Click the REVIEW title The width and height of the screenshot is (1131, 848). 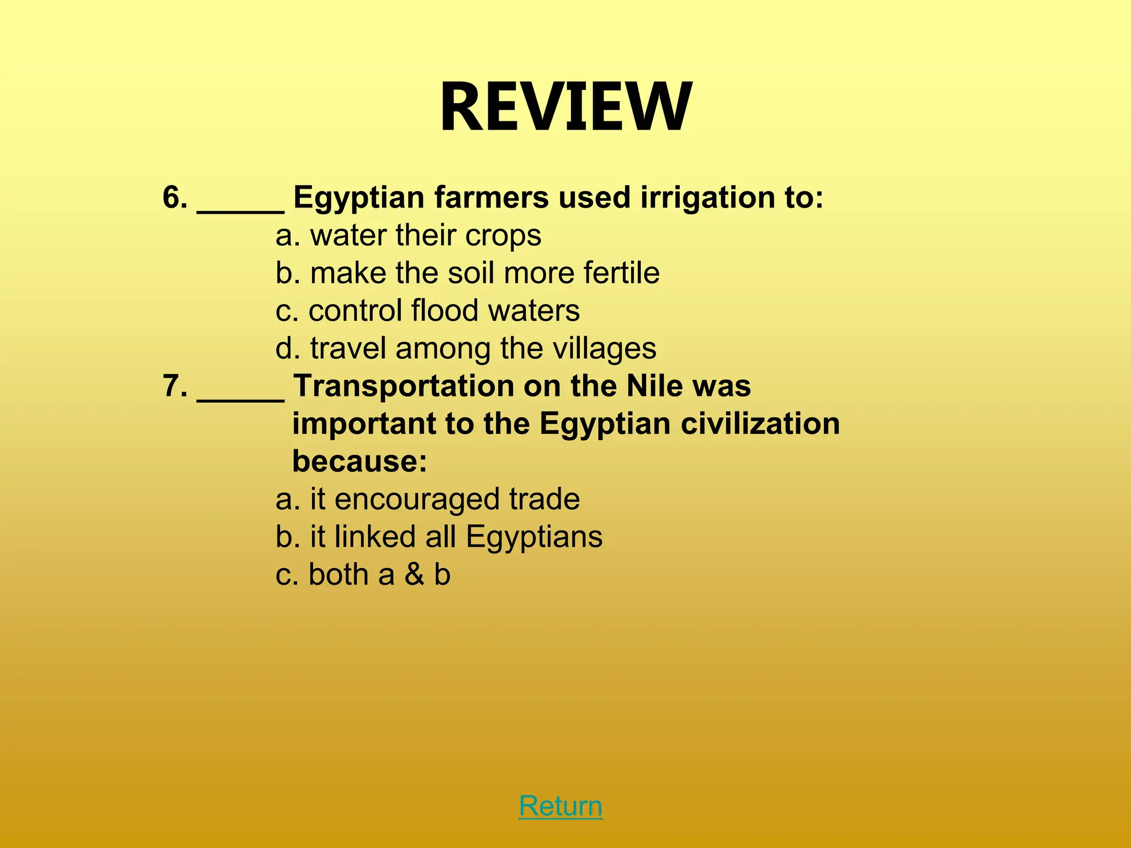pos(565,107)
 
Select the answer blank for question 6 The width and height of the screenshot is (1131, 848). pos(240,204)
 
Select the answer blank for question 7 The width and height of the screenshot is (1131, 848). pos(240,393)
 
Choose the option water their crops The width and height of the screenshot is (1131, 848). pos(409,236)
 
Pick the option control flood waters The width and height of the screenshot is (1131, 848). pos(427,310)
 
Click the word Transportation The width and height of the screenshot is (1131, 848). pos(403,386)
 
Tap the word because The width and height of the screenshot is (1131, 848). pos(359,461)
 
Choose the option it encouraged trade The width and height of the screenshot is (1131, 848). pos(427,499)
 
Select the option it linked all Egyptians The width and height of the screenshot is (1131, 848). pos(439,537)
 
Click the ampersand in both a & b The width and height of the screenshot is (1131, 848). pos(414,574)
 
